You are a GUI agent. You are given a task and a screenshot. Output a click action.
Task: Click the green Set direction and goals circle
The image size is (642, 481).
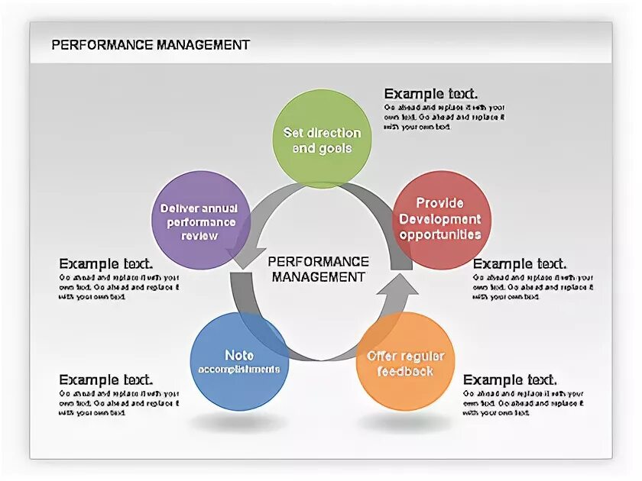click(x=322, y=138)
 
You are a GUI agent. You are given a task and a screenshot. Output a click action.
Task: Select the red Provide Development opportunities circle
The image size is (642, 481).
click(x=440, y=220)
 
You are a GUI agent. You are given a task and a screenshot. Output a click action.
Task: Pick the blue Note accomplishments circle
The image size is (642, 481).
click(x=238, y=362)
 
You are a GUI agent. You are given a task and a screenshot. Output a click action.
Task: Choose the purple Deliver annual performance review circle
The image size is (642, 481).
click(x=199, y=221)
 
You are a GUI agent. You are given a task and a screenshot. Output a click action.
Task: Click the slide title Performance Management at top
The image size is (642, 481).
click(x=151, y=45)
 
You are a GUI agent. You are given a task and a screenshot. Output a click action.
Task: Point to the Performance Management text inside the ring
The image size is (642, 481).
click(x=319, y=269)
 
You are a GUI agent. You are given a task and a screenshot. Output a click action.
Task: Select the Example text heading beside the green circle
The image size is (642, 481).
click(x=431, y=94)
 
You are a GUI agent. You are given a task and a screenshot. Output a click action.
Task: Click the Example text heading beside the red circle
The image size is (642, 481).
click(x=520, y=264)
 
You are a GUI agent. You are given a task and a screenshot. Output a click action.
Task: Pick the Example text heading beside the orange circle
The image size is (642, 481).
click(x=510, y=379)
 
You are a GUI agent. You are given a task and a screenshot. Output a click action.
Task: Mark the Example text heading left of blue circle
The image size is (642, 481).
click(x=106, y=379)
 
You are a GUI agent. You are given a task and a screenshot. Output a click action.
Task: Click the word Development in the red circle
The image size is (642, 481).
click(x=440, y=219)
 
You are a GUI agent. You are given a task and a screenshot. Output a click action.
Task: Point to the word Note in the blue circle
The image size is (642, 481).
click(x=238, y=355)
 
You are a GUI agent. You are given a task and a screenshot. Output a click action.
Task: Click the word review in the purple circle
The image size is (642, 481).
click(x=199, y=235)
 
